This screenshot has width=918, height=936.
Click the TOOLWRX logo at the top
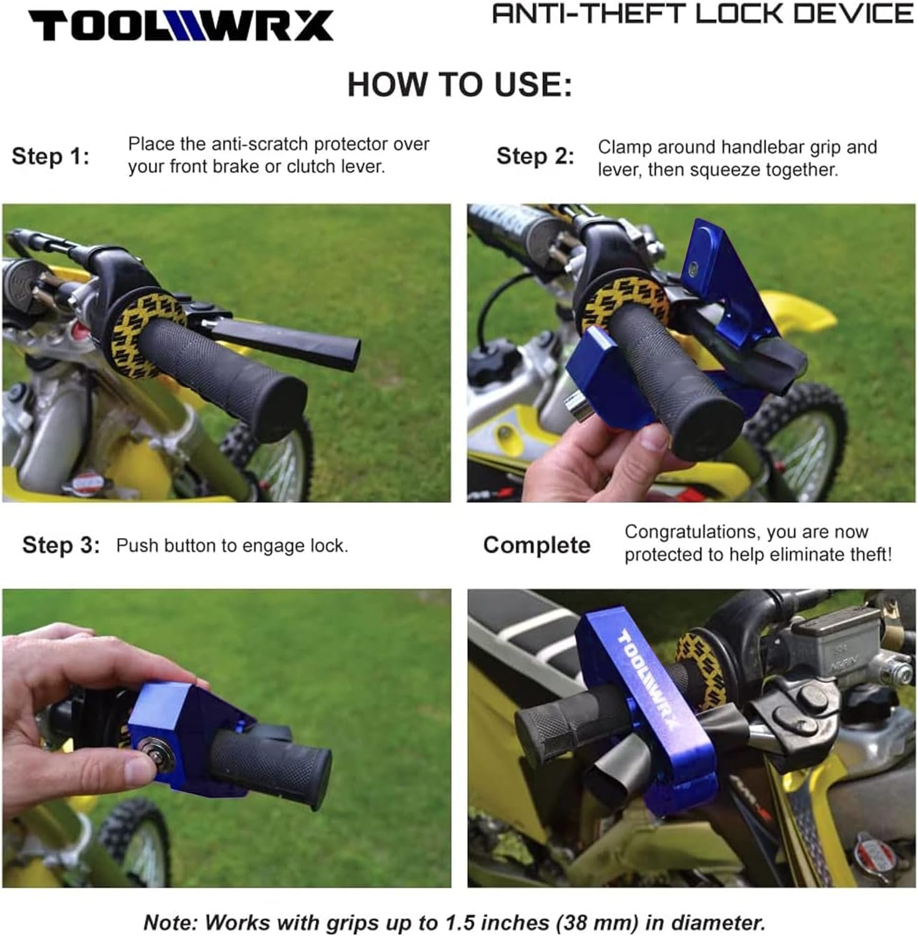tap(181, 26)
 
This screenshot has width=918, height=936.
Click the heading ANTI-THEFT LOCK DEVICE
tap(703, 14)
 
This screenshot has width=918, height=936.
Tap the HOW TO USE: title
tap(460, 84)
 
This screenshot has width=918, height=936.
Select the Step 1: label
tap(51, 156)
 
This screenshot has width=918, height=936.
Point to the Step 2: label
tap(535, 156)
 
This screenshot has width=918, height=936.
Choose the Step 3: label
tap(61, 545)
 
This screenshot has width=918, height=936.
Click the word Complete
tap(536, 545)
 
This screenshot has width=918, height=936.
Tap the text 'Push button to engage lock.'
tap(232, 545)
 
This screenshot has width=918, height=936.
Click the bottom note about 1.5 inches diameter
tap(455, 922)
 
